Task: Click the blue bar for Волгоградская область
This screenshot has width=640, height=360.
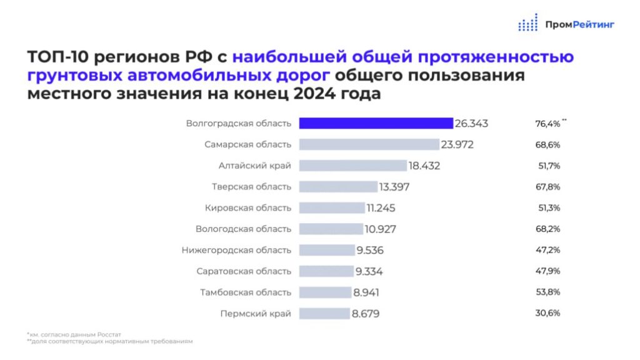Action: click(376, 123)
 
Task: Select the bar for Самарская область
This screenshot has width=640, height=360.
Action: click(369, 144)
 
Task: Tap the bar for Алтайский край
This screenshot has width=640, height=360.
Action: click(352, 166)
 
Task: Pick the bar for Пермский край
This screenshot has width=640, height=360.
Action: click(324, 313)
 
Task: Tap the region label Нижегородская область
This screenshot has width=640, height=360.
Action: click(236, 250)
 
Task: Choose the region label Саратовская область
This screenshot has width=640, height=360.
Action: click(243, 271)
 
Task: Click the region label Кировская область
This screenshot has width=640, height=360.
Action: click(248, 208)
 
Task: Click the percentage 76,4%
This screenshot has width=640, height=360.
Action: click(542, 124)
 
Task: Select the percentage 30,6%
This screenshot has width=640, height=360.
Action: click(542, 313)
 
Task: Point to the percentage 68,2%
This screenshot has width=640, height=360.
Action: click(542, 229)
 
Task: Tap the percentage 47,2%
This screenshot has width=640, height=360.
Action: click(542, 250)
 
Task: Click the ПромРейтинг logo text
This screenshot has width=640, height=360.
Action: click(579, 24)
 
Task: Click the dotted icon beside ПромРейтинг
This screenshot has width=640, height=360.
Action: click(527, 23)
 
